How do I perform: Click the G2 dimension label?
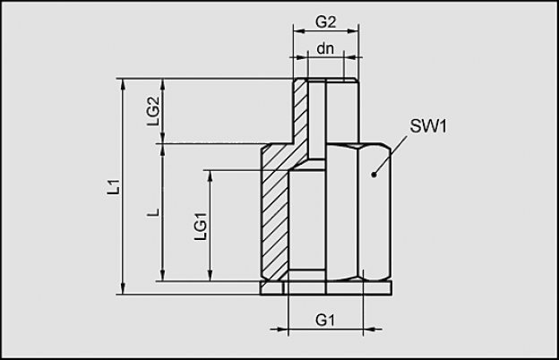point(325,22)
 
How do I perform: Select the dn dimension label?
point(325,48)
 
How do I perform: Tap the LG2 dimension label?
point(152,111)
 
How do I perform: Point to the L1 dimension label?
point(114,187)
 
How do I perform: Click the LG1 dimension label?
point(201,227)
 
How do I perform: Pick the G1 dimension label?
point(325,320)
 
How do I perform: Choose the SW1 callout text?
point(428,126)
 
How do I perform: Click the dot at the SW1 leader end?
point(374,175)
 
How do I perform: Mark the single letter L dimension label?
point(154,213)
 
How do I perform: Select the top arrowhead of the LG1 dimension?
point(211,176)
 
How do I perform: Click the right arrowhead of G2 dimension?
point(352,31)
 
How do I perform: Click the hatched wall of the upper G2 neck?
point(300,110)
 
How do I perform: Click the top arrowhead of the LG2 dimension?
point(163,85)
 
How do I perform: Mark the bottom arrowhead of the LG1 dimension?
point(211,274)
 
